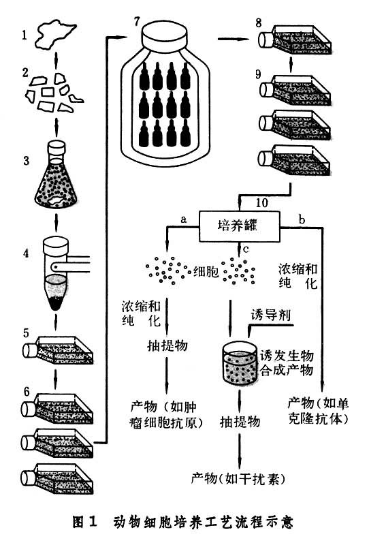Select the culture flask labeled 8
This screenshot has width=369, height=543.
tap(297, 41)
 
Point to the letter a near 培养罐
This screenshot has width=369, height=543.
tap(183, 218)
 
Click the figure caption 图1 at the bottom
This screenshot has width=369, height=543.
tap(84, 522)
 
